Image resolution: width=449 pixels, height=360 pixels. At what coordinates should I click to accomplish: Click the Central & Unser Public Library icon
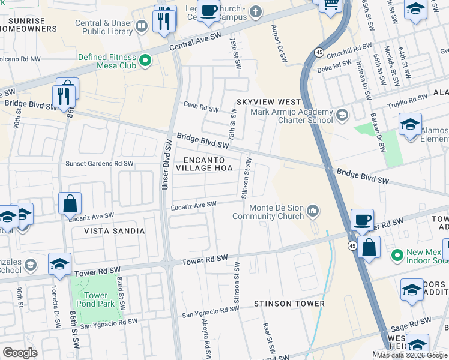click(142, 26)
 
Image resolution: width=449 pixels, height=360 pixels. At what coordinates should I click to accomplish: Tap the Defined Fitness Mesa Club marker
click(145, 60)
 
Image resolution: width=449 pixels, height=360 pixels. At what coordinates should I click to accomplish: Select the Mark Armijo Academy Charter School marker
click(342, 115)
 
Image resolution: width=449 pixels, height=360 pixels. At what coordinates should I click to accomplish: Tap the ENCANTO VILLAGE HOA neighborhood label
click(205, 164)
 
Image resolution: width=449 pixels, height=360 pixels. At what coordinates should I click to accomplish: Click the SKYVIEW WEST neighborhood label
click(268, 103)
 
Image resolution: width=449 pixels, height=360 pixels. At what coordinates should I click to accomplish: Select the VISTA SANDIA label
click(114, 231)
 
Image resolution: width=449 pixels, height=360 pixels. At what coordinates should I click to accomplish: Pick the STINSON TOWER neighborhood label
click(289, 304)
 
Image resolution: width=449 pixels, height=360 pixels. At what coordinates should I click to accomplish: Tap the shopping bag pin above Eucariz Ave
click(70, 203)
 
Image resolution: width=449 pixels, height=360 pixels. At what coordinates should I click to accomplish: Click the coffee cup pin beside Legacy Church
click(208, 10)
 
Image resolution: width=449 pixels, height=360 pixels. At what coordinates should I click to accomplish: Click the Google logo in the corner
click(20, 353)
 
